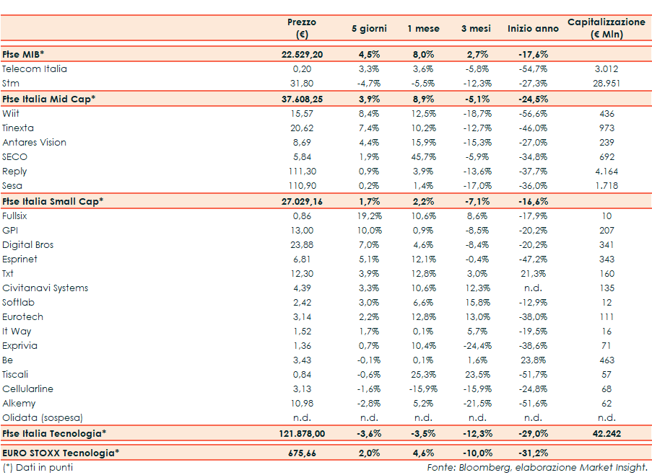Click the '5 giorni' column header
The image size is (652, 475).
[369, 29]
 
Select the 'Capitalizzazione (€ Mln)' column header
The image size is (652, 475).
[606, 28]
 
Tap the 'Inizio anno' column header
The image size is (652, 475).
[533, 29]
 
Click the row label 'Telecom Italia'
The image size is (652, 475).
[35, 69]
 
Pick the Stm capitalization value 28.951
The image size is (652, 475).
[607, 84]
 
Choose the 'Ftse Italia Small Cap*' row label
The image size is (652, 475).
[53, 201]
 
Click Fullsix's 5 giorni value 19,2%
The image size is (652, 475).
[369, 216]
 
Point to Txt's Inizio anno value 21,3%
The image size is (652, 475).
[533, 274]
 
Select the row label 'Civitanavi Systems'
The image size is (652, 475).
[45, 288]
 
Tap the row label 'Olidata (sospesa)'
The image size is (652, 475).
[43, 418]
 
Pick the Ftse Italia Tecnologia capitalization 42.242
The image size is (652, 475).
[607, 433]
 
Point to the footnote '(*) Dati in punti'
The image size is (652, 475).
[38, 467]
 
